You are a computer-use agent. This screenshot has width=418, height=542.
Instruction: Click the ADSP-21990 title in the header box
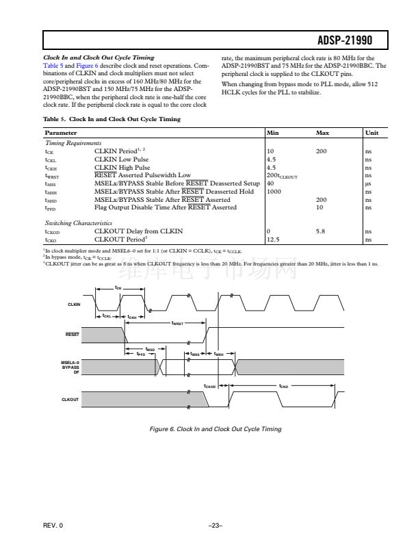tap(361, 41)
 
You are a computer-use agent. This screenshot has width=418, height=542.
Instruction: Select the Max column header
tap(323, 132)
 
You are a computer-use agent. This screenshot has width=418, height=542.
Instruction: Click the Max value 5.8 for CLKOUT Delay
tap(321, 232)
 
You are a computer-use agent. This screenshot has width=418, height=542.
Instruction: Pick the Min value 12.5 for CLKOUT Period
tap(272, 240)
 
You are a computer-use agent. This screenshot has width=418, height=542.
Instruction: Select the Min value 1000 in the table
tap(274, 191)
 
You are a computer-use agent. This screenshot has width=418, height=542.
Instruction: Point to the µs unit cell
tap(368, 183)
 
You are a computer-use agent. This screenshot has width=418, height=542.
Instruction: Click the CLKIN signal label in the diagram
tap(74, 304)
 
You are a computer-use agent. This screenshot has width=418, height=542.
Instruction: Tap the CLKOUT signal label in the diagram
tap(71, 399)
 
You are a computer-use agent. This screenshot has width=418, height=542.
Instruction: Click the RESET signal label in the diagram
tap(73, 333)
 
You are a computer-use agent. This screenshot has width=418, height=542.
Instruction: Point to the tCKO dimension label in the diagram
tap(283, 386)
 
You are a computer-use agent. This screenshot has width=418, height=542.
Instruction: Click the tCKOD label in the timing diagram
tap(210, 386)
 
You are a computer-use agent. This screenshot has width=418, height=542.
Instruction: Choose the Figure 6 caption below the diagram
tap(215, 428)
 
